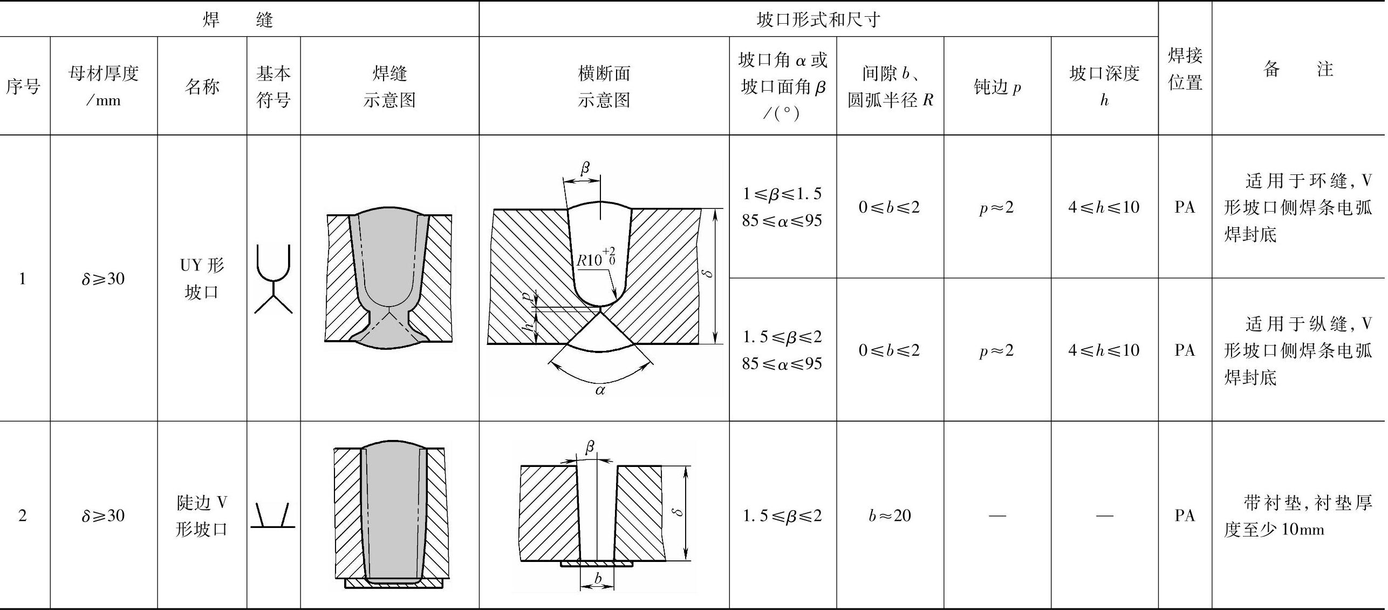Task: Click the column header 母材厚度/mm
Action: [104, 86]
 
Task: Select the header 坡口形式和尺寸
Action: [818, 20]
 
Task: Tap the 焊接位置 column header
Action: [1185, 69]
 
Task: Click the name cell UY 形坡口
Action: [202, 278]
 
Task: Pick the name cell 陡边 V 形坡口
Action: [202, 516]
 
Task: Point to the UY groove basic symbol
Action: [274, 279]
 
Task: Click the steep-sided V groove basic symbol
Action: [273, 516]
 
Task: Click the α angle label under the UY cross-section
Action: [600, 390]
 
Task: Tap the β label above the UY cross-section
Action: [585, 168]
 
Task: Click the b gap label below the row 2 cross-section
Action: [598, 578]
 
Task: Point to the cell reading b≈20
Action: [890, 516]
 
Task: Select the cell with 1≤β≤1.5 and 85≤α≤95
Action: [782, 207]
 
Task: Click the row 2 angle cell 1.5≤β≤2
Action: [782, 516]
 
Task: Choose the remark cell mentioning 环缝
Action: [1297, 207]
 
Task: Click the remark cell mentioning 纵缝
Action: [1297, 350]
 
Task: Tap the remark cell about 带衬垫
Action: [1297, 516]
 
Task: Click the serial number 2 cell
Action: [23, 516]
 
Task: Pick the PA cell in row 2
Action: [1185, 516]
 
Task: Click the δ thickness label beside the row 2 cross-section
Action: [679, 511]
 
